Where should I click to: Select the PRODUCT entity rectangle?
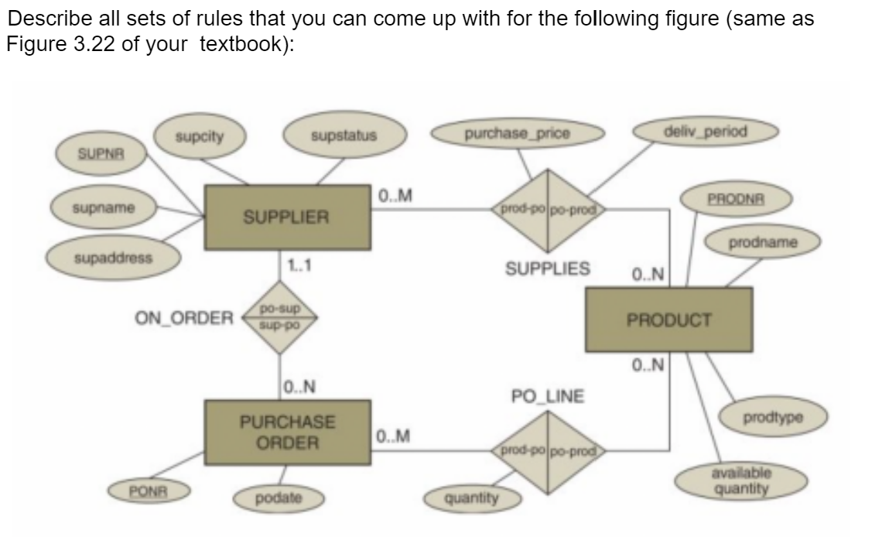(668, 320)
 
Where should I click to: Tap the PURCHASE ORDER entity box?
(287, 433)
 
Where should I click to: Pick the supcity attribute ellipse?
(199, 138)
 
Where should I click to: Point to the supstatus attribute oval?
(344, 137)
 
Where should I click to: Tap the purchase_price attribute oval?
(518, 134)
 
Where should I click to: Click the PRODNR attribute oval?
(736, 197)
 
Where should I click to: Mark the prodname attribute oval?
(762, 243)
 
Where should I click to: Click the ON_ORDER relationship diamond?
(279, 316)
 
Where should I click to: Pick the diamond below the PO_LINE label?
(549, 450)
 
